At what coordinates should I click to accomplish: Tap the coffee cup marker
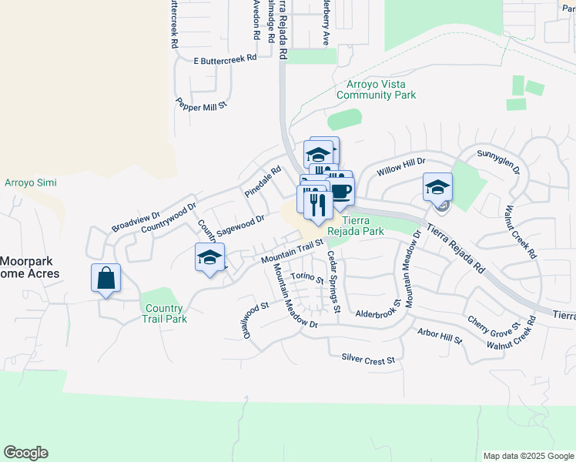point(341,190)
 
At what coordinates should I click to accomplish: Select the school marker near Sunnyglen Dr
point(437,187)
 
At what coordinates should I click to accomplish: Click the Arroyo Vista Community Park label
point(376,89)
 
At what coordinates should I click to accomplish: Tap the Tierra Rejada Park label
point(356,226)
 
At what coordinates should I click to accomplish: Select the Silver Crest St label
point(368,360)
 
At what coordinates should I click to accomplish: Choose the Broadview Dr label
point(136,222)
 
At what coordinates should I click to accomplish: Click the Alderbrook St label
point(380,314)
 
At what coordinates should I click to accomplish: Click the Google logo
point(25,453)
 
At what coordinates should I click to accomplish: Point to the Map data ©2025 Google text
point(527,456)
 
